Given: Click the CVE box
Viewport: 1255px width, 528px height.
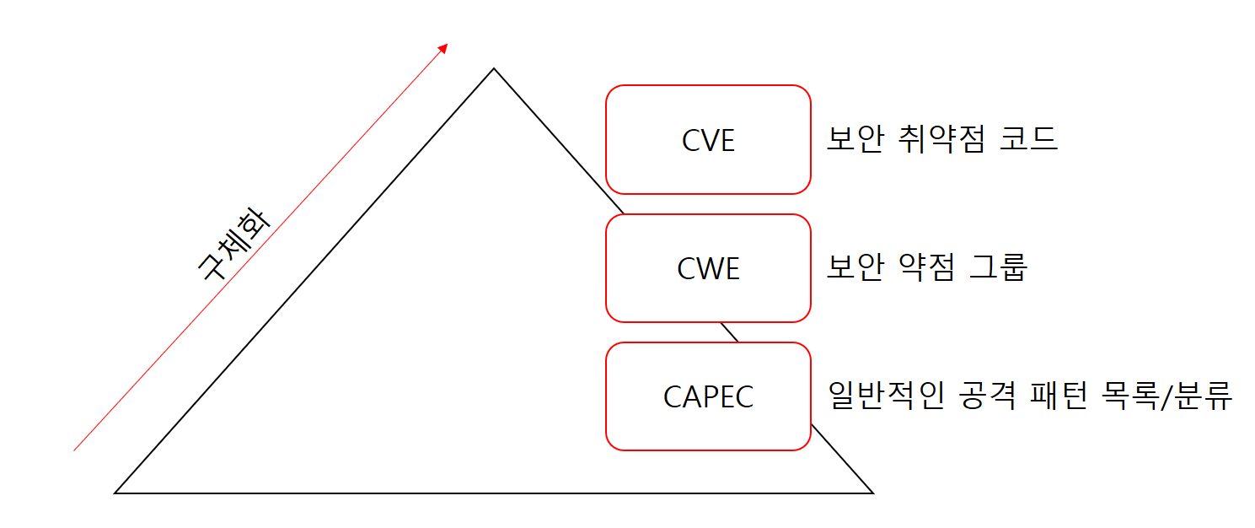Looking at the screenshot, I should (708, 140).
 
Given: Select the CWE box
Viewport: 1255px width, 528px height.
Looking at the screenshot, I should (708, 268).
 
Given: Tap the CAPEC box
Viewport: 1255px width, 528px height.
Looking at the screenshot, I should (708, 396).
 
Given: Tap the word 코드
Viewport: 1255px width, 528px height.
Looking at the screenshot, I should (1028, 139).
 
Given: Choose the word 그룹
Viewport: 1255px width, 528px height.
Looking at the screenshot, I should (999, 268).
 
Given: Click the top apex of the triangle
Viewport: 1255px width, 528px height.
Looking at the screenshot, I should (494, 69).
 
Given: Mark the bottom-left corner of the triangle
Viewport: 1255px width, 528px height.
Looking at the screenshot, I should (115, 492).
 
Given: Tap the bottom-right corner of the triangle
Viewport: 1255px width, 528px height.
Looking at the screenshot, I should (872, 492).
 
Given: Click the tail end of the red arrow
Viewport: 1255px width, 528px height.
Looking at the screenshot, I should (75, 450).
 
